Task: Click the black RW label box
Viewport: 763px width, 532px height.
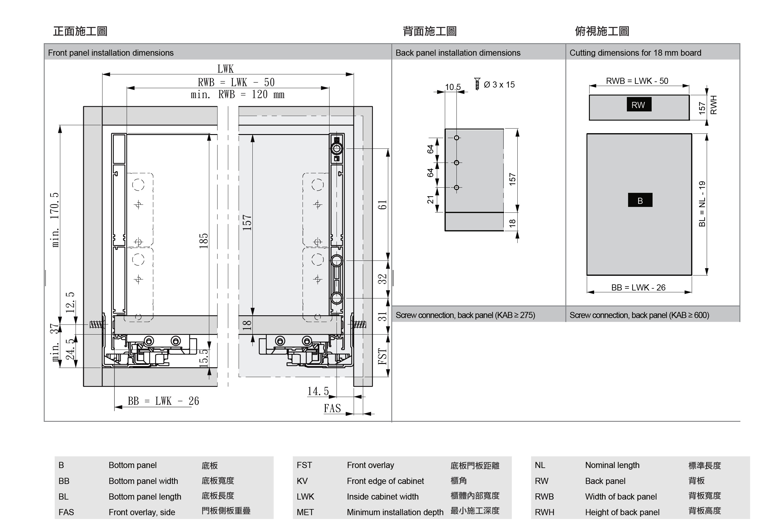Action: [x=639, y=105]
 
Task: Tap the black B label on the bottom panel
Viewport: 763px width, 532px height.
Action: [x=640, y=200]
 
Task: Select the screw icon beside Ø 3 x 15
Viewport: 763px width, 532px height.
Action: [x=477, y=84]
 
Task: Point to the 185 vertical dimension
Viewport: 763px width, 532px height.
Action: [x=203, y=241]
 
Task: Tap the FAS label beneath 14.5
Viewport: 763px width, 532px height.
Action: [x=332, y=408]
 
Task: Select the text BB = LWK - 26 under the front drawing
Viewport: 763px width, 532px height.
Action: [x=163, y=401]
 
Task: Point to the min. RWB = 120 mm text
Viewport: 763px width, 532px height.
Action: [x=237, y=95]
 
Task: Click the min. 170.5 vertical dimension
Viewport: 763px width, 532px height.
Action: [x=55, y=219]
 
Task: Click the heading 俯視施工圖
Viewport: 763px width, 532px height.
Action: [x=602, y=31]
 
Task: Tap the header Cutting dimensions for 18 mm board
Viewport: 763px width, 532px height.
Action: [x=635, y=53]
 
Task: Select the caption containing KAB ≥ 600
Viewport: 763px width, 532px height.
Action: [x=639, y=315]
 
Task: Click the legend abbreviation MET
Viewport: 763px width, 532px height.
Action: [x=305, y=512]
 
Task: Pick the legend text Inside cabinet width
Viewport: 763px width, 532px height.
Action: [x=382, y=497]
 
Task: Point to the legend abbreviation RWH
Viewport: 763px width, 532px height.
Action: [x=544, y=512]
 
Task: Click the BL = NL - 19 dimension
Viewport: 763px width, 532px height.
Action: [x=702, y=204]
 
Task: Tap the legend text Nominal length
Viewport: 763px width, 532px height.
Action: [x=612, y=465]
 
